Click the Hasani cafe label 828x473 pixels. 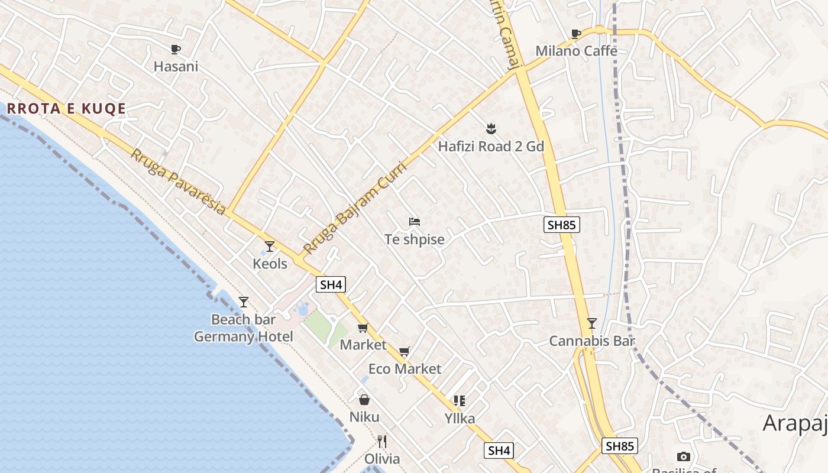pos(176,66)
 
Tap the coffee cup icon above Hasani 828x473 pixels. pos(175,50)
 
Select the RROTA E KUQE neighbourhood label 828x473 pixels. pos(67,109)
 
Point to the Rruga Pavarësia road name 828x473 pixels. pos(178,182)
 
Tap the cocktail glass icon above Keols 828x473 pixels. pos(270,246)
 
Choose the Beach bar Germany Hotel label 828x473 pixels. pos(244,328)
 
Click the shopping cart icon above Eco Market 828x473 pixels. pos(405,352)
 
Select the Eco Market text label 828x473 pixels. pos(405,369)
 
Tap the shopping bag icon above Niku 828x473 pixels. pos(364,400)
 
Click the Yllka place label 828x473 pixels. pos(460,419)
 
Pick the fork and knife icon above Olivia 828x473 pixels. pos(382,442)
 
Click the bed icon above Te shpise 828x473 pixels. pos(415,222)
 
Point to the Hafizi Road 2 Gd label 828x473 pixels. pos(491,146)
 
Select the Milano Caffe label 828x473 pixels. pos(576,51)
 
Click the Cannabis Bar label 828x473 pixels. pos(592,341)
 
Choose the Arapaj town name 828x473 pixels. pos(795,423)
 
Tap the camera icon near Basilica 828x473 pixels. pos(683,456)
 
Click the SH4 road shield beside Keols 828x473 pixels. pos(331,284)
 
